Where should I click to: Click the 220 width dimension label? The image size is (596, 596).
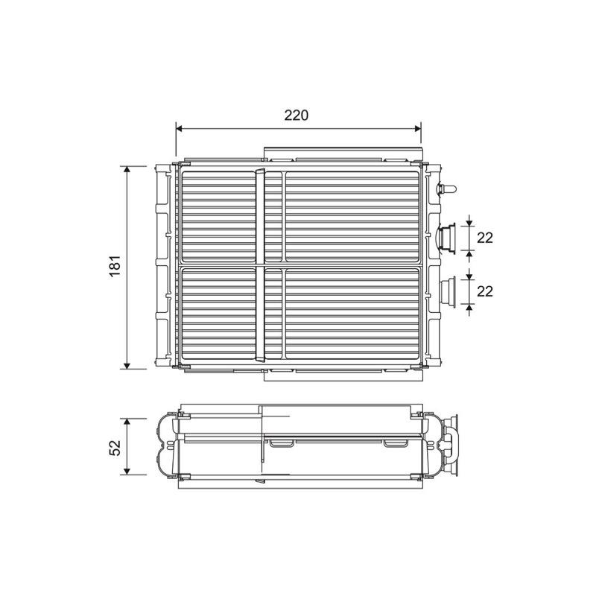(296, 115)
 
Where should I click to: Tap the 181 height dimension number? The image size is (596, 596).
(115, 266)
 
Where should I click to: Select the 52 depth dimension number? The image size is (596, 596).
(115, 447)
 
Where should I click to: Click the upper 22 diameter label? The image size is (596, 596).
(485, 238)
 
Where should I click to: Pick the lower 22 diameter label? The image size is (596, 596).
(485, 291)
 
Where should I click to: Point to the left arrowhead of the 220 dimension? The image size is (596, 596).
(180, 129)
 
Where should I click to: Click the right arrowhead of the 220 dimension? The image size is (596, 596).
(417, 129)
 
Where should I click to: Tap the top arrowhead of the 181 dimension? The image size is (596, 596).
(127, 170)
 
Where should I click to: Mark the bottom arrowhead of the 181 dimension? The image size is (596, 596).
(127, 365)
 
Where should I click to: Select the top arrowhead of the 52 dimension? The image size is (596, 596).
(127, 422)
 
